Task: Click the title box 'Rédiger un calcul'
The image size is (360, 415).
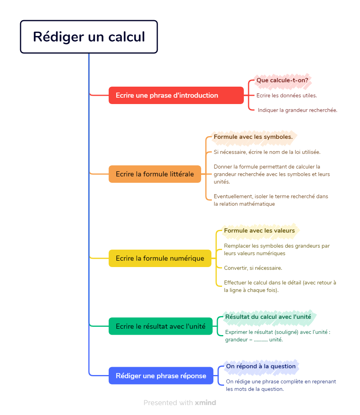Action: click(x=89, y=37)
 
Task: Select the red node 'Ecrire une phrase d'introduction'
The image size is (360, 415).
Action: click(x=176, y=95)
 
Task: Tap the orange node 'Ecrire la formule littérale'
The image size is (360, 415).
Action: click(x=155, y=174)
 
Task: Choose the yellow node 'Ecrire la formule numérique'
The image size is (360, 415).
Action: click(x=160, y=258)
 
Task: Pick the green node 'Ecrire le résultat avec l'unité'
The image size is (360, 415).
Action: click(x=160, y=326)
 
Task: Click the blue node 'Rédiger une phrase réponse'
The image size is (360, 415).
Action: click(x=161, y=376)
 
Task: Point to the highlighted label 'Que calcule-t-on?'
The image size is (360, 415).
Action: click(x=282, y=80)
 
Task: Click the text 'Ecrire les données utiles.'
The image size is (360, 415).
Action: click(x=286, y=96)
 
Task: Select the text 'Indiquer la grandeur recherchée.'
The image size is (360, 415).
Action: click(x=298, y=110)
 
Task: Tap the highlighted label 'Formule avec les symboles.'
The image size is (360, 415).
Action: click(x=253, y=137)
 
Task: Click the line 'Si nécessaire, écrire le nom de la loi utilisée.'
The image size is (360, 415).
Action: click(x=267, y=152)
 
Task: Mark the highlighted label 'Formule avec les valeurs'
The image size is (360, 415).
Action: click(x=259, y=231)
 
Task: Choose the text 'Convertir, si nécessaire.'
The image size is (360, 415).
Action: click(x=253, y=268)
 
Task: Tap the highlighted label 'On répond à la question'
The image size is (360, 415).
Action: click(x=261, y=366)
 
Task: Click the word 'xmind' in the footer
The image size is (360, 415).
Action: click(x=205, y=403)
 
